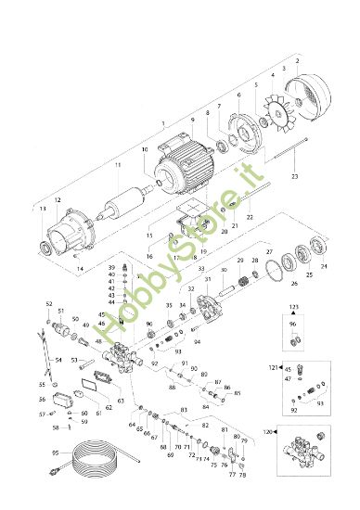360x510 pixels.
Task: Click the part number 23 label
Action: coord(294,174)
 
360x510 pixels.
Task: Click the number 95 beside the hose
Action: coord(54,452)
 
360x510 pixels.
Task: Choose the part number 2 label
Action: coord(297,60)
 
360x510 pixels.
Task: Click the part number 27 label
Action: coord(269,251)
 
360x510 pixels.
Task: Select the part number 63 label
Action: coord(121,402)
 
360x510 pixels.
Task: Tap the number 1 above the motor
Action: coord(163,124)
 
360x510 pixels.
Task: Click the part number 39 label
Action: coord(110,267)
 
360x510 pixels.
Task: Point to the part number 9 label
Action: coord(193,120)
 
